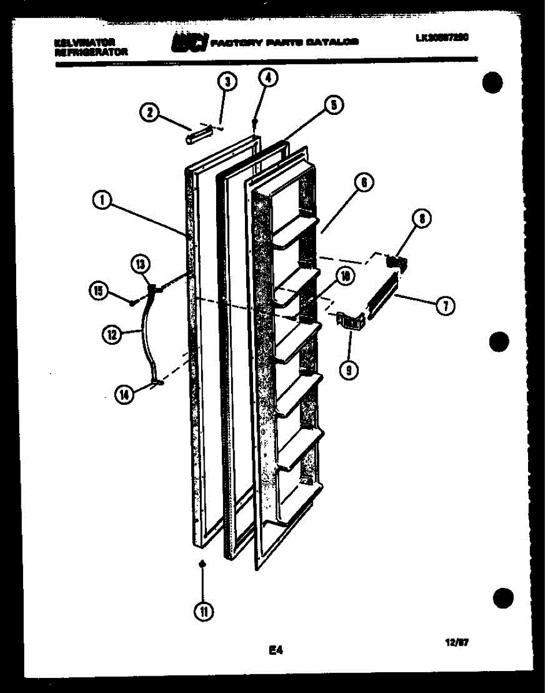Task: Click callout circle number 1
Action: coord(101,200)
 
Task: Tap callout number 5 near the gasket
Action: coord(333,105)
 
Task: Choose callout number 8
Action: coord(422,218)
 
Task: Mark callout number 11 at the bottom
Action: coord(203,612)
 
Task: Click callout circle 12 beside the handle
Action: coord(112,333)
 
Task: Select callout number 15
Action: coord(99,291)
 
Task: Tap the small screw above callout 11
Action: coord(202,564)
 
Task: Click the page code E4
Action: coord(275,651)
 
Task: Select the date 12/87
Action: coord(457,642)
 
